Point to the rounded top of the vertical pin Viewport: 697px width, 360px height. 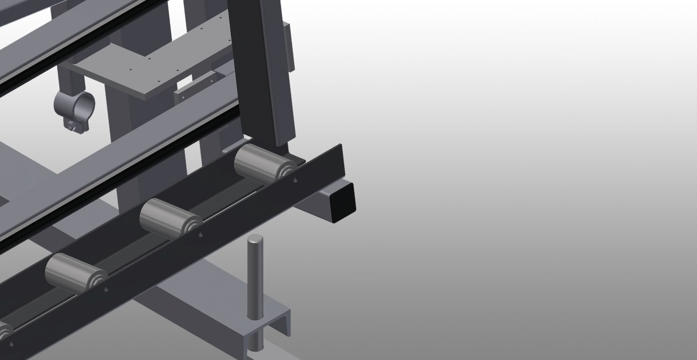(255, 239)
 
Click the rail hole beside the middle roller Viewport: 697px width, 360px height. (201, 235)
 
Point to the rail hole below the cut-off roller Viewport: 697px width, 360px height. (12, 343)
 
